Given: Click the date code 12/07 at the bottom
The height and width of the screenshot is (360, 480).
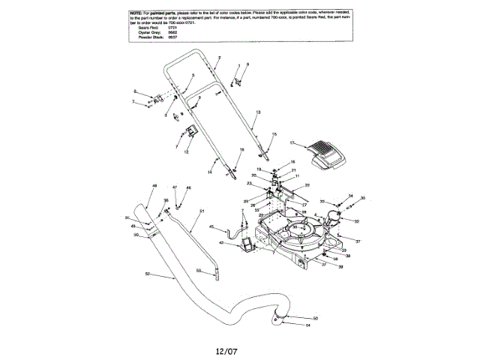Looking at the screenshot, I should [x=226, y=349].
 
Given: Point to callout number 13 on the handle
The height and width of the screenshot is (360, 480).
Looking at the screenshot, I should [x=257, y=112].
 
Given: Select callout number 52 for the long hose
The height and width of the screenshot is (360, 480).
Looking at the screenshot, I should [x=148, y=273].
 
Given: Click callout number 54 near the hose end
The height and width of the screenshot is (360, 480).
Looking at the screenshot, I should [x=308, y=325].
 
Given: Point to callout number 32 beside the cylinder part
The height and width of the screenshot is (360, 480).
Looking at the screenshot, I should [x=357, y=221].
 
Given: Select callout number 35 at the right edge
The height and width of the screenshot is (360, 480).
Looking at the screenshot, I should [x=363, y=198].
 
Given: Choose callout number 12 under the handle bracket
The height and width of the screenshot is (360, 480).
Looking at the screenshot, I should [x=186, y=151].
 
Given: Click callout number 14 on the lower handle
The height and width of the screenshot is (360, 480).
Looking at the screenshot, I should [x=211, y=172].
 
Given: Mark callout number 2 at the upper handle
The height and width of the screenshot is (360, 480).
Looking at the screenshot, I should [x=219, y=58].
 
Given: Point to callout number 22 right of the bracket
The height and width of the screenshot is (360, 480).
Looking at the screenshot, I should [x=307, y=184].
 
